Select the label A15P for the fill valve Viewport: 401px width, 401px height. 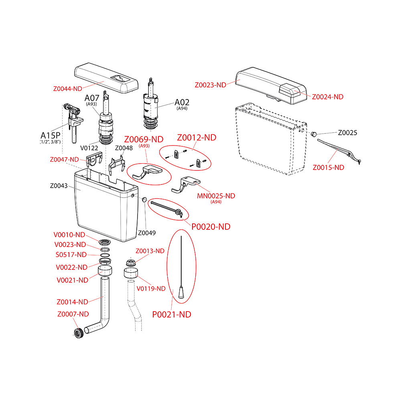(x=50, y=135)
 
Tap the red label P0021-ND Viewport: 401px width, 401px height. (x=172, y=314)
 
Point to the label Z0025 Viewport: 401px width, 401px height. (x=347, y=133)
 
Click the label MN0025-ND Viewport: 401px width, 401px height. (x=216, y=196)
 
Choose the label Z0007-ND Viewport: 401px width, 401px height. (x=73, y=314)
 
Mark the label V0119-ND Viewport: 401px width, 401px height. (x=151, y=288)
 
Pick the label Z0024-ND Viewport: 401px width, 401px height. (x=328, y=97)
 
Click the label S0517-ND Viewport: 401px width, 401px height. (x=71, y=255)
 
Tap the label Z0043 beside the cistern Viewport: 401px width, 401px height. (x=59, y=186)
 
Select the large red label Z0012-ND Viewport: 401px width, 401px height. (x=196, y=138)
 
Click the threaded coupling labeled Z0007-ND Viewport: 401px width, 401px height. (x=79, y=332)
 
